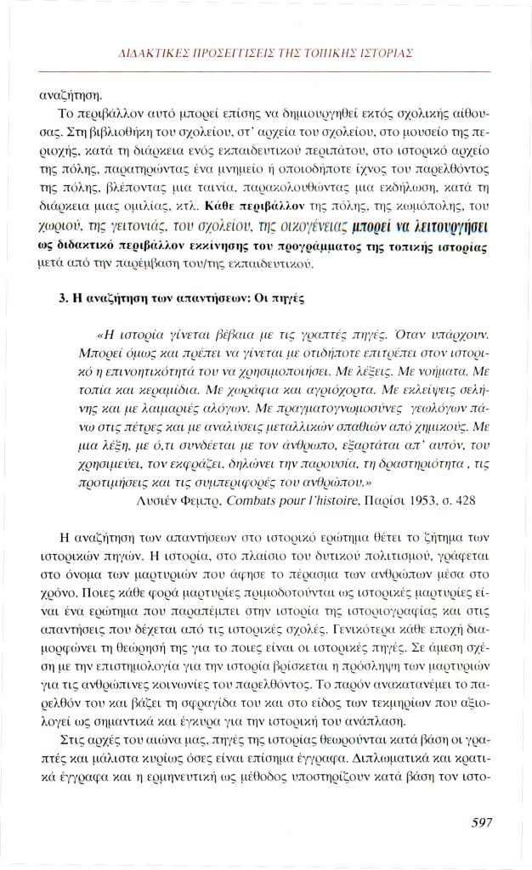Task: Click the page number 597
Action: point(481,822)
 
